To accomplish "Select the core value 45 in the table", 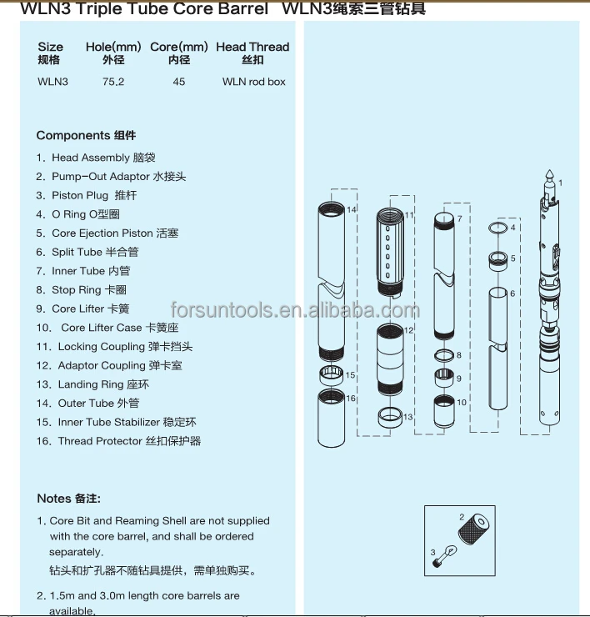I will pyautogui.click(x=179, y=82).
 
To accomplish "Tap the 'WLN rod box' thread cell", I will pyautogui.click(x=253, y=82).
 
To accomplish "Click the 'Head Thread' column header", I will pyautogui.click(x=252, y=48).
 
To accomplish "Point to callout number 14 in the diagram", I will pyautogui.click(x=352, y=209).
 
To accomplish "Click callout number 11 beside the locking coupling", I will pyautogui.click(x=409, y=215).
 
